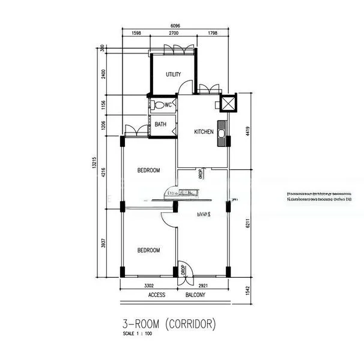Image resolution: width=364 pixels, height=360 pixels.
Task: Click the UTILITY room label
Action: (174, 74)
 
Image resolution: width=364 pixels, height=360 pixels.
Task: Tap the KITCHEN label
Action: (203, 131)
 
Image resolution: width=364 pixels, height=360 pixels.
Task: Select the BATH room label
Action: (160, 125)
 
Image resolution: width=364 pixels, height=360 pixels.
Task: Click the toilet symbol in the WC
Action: (158, 106)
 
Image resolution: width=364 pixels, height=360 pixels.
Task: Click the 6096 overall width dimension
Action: (175, 26)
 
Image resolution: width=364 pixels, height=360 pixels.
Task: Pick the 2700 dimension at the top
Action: (174, 34)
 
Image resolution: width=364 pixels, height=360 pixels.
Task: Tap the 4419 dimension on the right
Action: (247, 131)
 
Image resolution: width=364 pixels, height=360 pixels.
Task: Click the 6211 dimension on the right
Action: (247, 226)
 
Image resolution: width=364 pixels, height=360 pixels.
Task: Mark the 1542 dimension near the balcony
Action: (247, 290)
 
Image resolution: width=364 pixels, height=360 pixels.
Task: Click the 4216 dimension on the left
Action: (103, 173)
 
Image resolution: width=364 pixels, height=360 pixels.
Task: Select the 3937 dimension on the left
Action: (103, 244)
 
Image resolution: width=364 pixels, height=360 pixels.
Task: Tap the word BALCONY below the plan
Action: (195, 295)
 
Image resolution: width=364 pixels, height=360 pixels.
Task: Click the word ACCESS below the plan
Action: (157, 295)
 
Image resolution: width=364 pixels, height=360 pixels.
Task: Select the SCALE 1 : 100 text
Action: (138, 334)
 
